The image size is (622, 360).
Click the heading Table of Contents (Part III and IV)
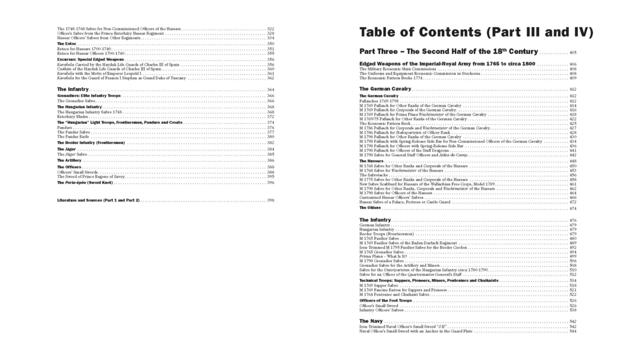(x=476, y=33)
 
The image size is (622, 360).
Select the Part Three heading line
(x=449, y=52)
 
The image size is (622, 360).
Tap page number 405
(x=573, y=53)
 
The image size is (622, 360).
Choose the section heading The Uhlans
(x=370, y=208)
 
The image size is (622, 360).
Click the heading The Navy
(x=371, y=322)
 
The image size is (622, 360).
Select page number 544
(x=573, y=332)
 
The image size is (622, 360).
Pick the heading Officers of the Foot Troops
(x=386, y=300)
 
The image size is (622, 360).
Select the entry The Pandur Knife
(x=73, y=136)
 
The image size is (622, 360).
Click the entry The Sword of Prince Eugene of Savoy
(x=93, y=177)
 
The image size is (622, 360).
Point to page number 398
(x=271, y=200)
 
